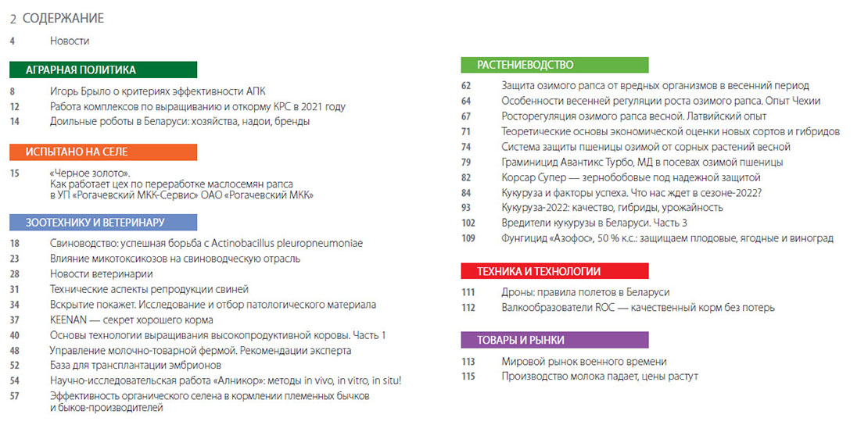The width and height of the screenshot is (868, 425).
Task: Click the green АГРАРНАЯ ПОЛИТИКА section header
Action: tap(103, 70)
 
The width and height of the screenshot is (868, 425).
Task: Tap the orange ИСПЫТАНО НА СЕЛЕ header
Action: tap(103, 152)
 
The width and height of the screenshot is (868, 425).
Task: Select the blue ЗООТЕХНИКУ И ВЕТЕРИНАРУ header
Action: tap(103, 222)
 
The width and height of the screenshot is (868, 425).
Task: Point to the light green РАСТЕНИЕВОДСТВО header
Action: tap(554, 65)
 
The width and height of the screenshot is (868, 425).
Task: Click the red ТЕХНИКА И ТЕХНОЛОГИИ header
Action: tap(554, 271)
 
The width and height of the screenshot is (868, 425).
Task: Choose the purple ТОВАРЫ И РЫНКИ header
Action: tap(554, 340)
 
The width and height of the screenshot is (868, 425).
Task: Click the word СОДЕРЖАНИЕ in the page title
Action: tap(63, 18)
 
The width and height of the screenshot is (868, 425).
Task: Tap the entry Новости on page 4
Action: tap(70, 40)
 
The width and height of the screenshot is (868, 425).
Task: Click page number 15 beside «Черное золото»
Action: tap(15, 173)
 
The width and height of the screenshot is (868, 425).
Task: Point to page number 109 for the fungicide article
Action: tap(468, 237)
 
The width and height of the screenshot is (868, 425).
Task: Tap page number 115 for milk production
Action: tap(468, 376)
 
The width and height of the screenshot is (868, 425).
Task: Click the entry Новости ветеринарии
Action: tap(101, 273)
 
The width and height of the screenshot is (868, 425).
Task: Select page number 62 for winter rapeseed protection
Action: tap(466, 85)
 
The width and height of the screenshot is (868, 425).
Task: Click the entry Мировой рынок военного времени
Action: tap(583, 361)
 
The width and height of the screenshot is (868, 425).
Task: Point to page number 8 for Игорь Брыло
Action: tap(13, 91)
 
